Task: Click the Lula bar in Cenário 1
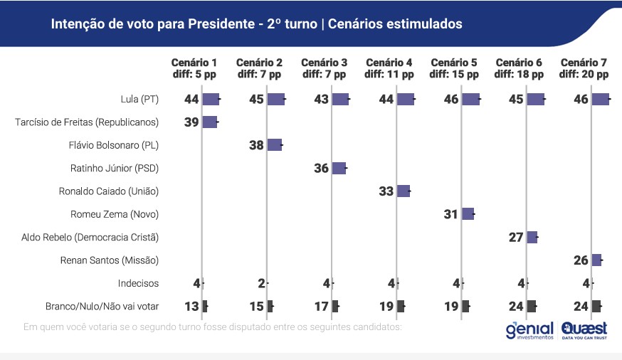(211, 100)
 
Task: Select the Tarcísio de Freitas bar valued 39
(209, 122)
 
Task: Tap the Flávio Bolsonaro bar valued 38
(275, 145)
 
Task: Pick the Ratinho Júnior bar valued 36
(339, 169)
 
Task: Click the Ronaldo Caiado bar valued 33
(403, 191)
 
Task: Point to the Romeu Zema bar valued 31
(468, 214)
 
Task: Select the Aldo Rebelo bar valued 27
(532, 238)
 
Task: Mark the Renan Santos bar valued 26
(596, 260)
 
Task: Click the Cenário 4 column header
(389, 68)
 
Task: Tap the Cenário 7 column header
(584, 68)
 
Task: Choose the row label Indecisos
(138, 283)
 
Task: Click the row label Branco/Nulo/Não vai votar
(97, 307)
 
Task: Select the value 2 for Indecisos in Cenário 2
(261, 283)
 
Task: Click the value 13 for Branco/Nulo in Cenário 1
(192, 307)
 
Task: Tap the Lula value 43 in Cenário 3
(322, 100)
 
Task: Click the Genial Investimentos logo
(529, 331)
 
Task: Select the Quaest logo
(584, 331)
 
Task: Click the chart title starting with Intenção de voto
(256, 24)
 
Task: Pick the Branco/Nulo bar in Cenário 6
(532, 307)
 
